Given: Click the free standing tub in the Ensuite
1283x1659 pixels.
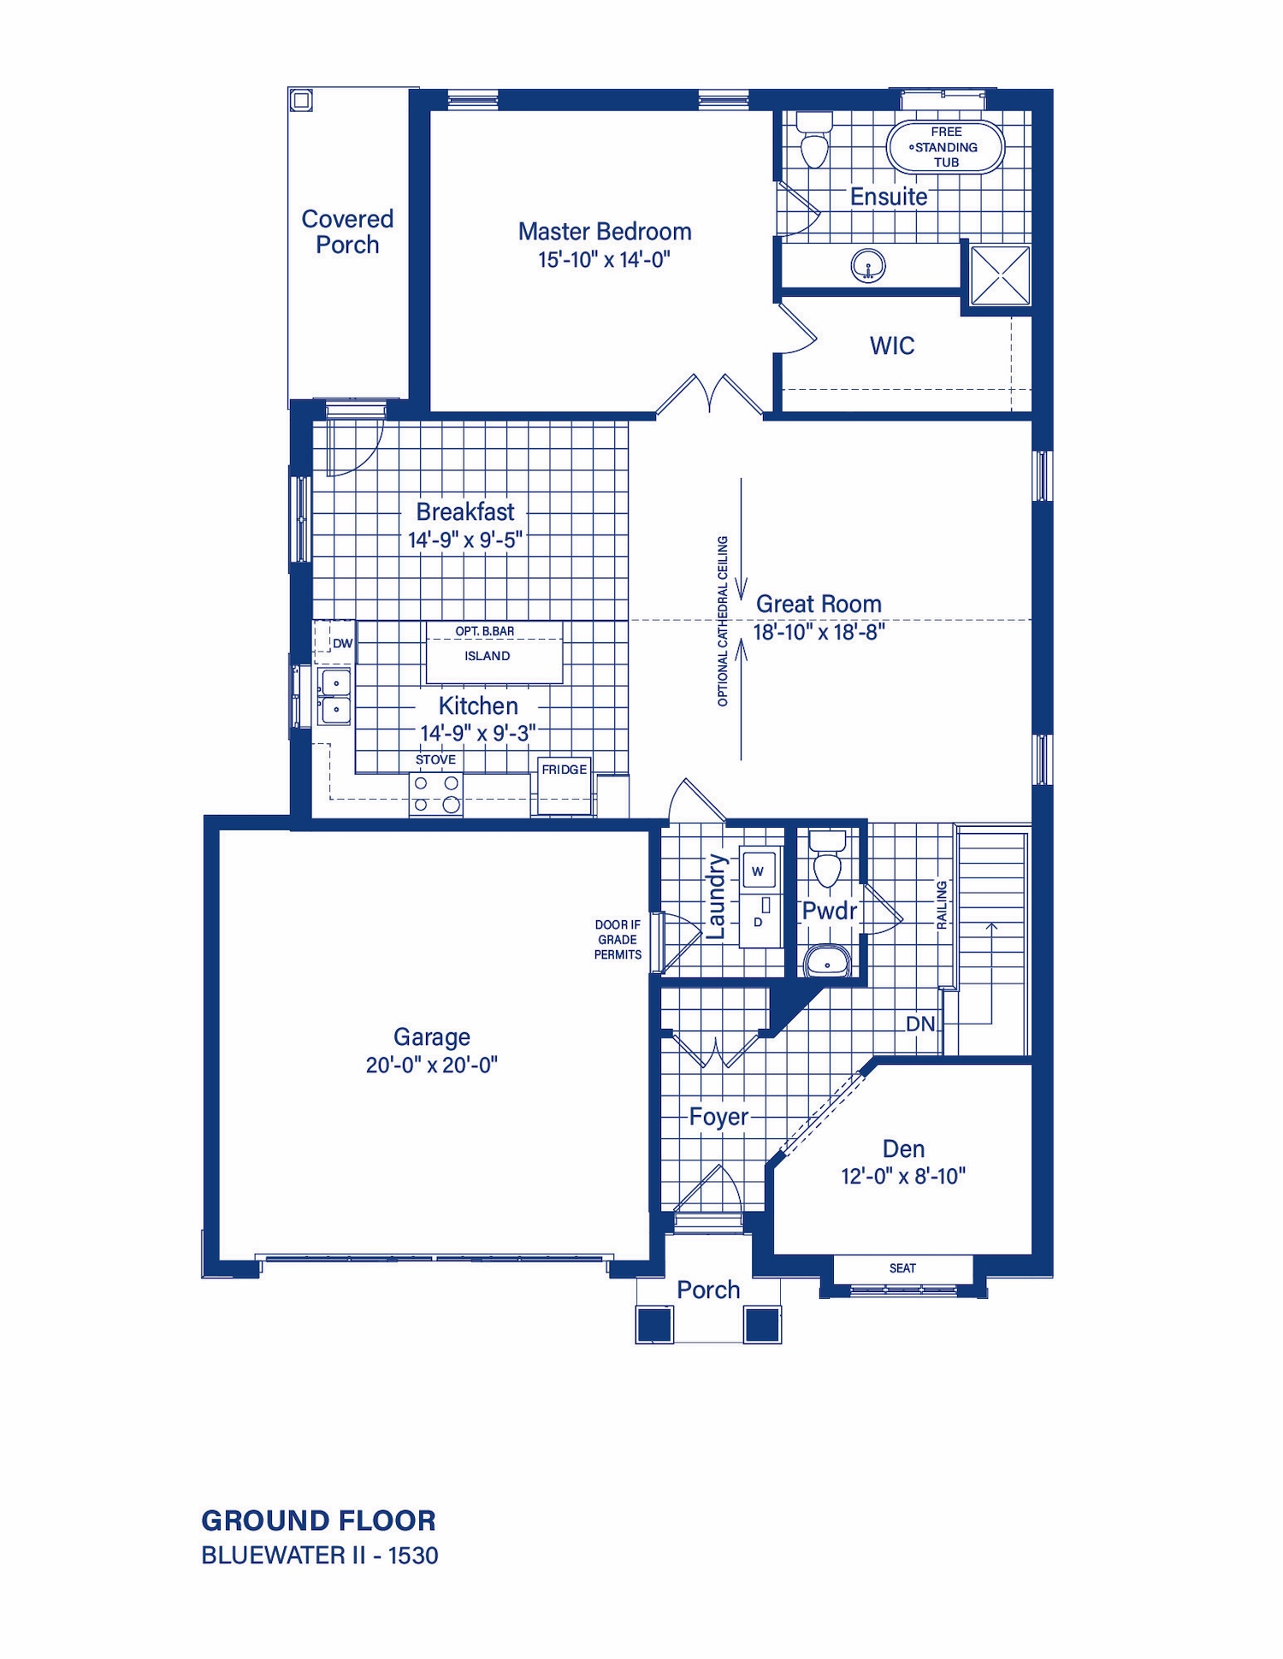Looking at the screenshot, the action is click(945, 147).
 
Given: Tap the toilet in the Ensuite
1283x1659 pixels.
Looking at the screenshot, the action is click(814, 140).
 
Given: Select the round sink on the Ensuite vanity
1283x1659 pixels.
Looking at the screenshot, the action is click(868, 266).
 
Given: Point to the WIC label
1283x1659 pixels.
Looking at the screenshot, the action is click(892, 345).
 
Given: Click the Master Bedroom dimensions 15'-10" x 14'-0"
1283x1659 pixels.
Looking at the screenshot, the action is click(604, 259).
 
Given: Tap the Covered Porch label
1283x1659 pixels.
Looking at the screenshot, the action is click(347, 232).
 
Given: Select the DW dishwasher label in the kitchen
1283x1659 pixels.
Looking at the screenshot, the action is click(342, 643).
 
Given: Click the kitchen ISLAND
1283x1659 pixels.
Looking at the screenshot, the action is click(494, 652).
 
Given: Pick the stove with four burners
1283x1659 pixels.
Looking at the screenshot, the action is click(436, 794).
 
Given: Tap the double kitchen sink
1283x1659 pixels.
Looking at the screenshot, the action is click(334, 697).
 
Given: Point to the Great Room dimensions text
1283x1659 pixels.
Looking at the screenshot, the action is click(819, 632).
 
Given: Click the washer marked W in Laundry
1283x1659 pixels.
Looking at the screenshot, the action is click(758, 871).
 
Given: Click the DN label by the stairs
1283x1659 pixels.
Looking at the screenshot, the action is click(920, 1024).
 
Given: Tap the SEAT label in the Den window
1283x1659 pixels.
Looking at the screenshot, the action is click(902, 1268).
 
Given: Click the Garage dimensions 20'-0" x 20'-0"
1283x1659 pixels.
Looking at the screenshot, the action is click(432, 1065).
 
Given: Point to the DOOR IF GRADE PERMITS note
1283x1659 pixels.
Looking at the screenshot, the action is click(618, 940).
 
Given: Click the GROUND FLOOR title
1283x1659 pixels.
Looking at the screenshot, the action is click(318, 1520).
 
